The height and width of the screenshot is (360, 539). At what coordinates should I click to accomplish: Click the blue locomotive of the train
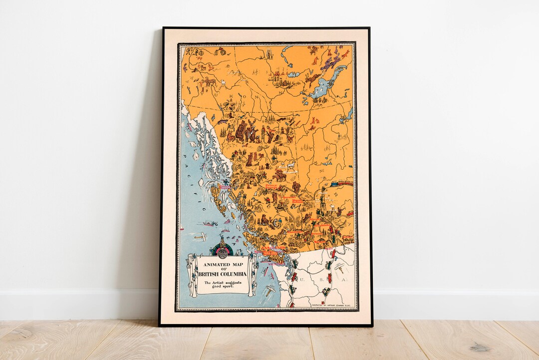(x=334, y=184)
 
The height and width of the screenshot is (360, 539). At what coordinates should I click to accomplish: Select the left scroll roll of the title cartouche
(x=192, y=274)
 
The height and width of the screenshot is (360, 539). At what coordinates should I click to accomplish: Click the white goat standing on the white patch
(x=289, y=165)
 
